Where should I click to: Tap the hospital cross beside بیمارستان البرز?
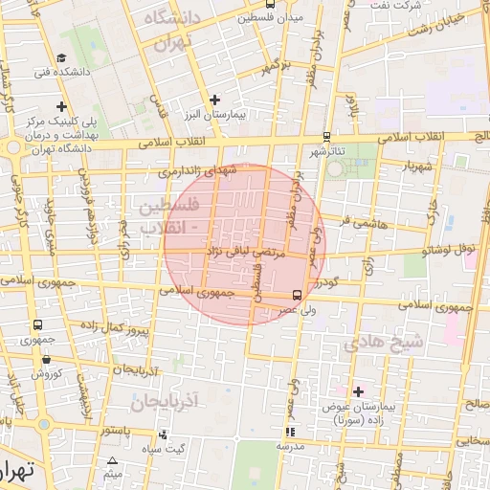[x=214, y=99]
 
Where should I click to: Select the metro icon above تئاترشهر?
[x=327, y=137]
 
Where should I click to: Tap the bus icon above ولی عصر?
[x=297, y=295]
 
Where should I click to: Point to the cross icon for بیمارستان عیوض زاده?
[x=358, y=391]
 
